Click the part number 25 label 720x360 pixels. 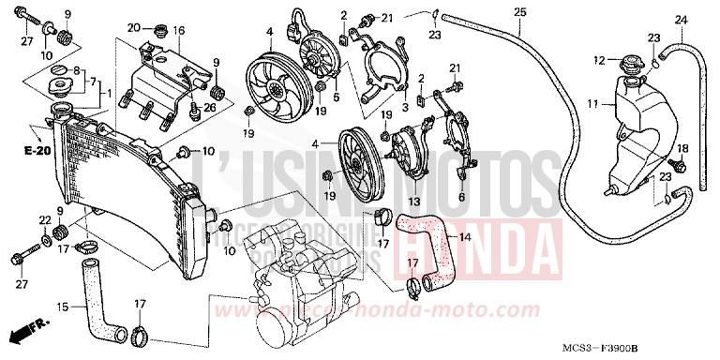[x=519, y=11]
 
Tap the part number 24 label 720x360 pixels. [x=681, y=19]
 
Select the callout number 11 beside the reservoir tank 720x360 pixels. [x=592, y=102]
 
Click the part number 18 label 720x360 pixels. [x=682, y=148]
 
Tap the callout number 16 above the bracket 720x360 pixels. [x=178, y=31]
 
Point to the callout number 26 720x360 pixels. [x=209, y=108]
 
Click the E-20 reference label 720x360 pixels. [x=38, y=150]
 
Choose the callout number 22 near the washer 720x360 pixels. [x=44, y=219]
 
